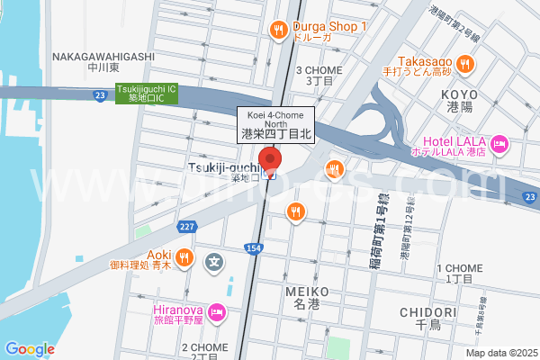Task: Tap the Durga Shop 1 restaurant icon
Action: click(280, 30)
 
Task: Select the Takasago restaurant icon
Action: click(464, 62)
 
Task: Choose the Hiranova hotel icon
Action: click(216, 312)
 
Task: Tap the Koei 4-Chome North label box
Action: click(275, 123)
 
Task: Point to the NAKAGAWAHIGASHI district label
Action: click(103, 57)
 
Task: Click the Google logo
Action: click(30, 348)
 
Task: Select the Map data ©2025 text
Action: click(500, 353)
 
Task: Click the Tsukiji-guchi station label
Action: click(223, 167)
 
